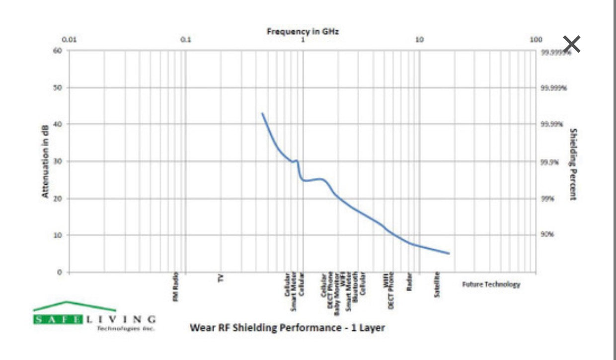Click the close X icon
[x=572, y=44]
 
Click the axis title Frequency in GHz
[x=303, y=31]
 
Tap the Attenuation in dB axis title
[x=45, y=161]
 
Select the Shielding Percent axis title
[x=573, y=164]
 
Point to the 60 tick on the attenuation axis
[x=58, y=51]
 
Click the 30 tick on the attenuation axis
[x=58, y=161]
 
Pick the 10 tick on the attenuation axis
[x=58, y=235]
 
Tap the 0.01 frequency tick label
[x=69, y=40]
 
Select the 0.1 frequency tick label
[x=186, y=40]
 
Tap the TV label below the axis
[x=221, y=278]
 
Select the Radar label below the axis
[x=410, y=282]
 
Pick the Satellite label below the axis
[x=437, y=284]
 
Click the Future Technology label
[x=491, y=285]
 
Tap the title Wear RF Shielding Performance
[x=287, y=328]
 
